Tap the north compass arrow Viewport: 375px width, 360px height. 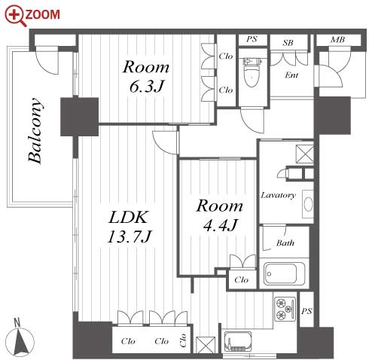[x=21, y=338]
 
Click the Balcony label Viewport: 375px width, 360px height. [x=35, y=131]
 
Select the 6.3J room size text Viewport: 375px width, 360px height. [x=146, y=87]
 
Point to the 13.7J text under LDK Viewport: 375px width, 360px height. [x=130, y=236]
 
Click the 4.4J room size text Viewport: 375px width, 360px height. [x=220, y=225]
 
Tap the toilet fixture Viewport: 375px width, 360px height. [x=252, y=72]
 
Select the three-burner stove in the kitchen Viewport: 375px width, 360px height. [x=285, y=309]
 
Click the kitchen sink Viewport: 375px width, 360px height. [x=238, y=342]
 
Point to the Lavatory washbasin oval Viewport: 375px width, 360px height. [x=308, y=204]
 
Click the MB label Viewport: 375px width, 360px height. [x=337, y=40]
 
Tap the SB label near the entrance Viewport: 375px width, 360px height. [x=288, y=43]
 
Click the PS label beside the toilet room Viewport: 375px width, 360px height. [x=252, y=39]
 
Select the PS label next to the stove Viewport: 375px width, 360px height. [x=306, y=311]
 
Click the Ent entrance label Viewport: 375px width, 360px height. [x=291, y=75]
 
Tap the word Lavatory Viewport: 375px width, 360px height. [x=278, y=195]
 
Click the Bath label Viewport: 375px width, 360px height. [x=285, y=243]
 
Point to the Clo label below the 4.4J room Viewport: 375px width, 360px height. [x=242, y=279]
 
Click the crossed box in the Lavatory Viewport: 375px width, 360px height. [x=305, y=154]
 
